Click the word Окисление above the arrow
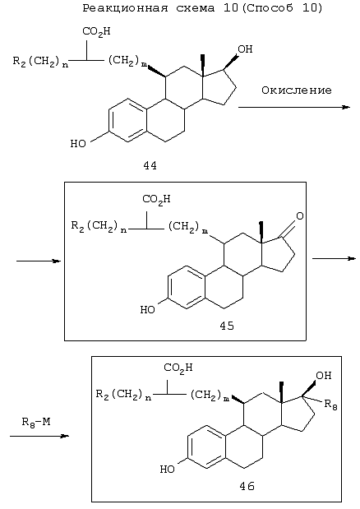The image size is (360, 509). click(297, 90)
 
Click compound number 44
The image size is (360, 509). click(150, 166)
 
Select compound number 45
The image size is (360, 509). click(227, 326)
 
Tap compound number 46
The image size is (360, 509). click(247, 486)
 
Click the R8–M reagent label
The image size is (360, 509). click(36, 422)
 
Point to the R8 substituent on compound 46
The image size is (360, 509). click(330, 405)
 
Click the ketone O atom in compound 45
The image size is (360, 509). click(300, 215)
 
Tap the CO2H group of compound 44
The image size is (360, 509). click(96, 32)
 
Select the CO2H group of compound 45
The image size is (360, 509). click(156, 199)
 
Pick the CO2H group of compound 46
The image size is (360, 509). click(178, 368)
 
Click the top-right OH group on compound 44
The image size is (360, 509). click(245, 49)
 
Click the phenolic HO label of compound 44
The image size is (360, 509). click(78, 143)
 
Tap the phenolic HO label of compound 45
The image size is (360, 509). click(148, 310)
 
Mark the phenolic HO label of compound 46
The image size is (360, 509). click(168, 469)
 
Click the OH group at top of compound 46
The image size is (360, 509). click(324, 376)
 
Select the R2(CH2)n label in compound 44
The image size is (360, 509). click(41, 62)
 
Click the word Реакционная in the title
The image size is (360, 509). click(125, 8)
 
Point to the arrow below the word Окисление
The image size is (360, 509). click(294, 107)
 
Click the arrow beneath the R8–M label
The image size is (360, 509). click(39, 436)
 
